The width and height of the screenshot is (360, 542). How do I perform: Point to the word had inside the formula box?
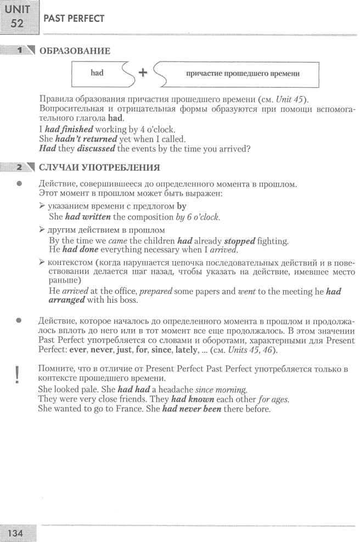(x=97, y=73)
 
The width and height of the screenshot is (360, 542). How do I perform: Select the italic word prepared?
(x=157, y=292)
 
